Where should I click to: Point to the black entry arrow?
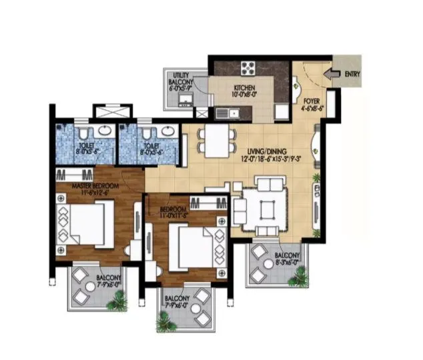click(x=331, y=71)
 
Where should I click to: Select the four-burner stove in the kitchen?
click(x=249, y=68)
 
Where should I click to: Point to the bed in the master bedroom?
click(x=85, y=223)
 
